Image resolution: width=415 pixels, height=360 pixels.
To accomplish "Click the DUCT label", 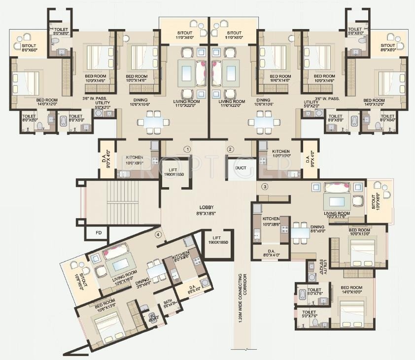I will (241, 167).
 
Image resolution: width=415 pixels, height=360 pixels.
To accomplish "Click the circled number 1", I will (187, 149).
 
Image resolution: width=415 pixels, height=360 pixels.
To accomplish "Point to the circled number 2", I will (230, 149).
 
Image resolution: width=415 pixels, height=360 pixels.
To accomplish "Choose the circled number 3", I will (265, 186).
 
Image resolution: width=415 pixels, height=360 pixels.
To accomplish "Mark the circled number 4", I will (158, 234).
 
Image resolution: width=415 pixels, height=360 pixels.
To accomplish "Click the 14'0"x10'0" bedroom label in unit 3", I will (351, 290).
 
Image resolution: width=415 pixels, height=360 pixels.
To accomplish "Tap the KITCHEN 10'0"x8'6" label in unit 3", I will (271, 221).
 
